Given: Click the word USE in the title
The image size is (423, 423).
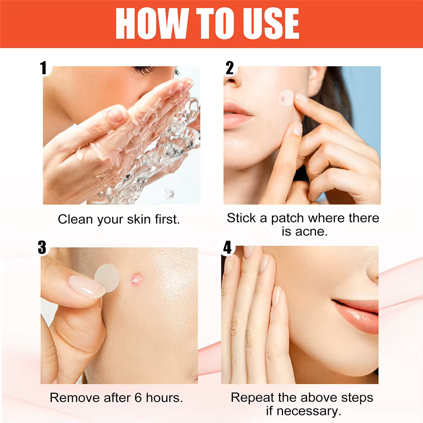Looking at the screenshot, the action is pyautogui.click(x=271, y=24).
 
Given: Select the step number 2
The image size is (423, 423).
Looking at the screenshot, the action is pyautogui.click(x=229, y=68).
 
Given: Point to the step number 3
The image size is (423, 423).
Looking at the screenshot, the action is pyautogui.click(x=42, y=247).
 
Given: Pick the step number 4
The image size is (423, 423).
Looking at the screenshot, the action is pyautogui.click(x=227, y=247).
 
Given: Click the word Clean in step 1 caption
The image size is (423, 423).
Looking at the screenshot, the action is pyautogui.click(x=75, y=219).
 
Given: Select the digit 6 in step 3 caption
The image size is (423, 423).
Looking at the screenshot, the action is pyautogui.click(x=138, y=398).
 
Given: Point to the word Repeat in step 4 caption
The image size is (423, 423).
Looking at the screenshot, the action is pyautogui.click(x=252, y=398).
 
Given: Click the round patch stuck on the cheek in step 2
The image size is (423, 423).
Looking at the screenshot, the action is pyautogui.click(x=287, y=98).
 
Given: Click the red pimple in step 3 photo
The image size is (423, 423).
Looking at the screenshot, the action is pyautogui.click(x=136, y=279).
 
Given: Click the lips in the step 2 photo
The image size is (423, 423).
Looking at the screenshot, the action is pyautogui.click(x=237, y=115).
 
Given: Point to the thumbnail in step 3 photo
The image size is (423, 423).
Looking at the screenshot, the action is pyautogui.click(x=86, y=286).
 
